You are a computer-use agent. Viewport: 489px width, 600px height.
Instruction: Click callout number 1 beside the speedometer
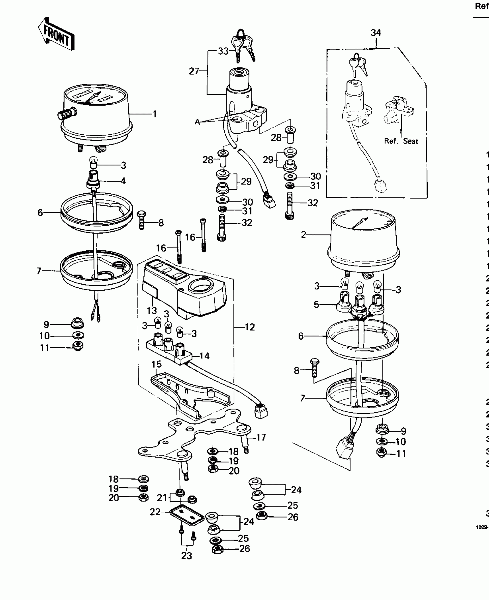[155, 114]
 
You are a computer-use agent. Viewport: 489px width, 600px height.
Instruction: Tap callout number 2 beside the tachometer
[303, 235]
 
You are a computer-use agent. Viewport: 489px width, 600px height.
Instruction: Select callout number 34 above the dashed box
[376, 33]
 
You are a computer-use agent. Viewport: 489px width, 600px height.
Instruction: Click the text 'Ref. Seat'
[401, 141]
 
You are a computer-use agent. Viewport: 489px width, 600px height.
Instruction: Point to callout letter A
[197, 122]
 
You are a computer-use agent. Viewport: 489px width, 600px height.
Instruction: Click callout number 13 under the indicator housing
[152, 311]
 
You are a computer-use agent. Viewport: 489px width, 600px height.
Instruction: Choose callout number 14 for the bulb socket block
[204, 356]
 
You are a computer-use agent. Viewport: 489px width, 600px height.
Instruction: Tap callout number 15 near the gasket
[157, 364]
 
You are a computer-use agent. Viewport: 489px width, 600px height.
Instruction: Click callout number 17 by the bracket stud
[261, 437]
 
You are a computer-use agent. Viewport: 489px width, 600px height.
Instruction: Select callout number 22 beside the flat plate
[155, 512]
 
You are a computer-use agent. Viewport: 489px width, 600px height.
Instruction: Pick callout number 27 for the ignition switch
[194, 71]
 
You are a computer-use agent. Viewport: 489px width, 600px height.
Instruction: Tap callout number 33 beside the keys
[223, 51]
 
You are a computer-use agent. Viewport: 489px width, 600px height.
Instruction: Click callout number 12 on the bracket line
[250, 327]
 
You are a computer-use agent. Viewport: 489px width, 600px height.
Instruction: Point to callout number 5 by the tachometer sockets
[316, 304]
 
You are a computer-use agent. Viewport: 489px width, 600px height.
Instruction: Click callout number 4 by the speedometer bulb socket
[123, 181]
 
